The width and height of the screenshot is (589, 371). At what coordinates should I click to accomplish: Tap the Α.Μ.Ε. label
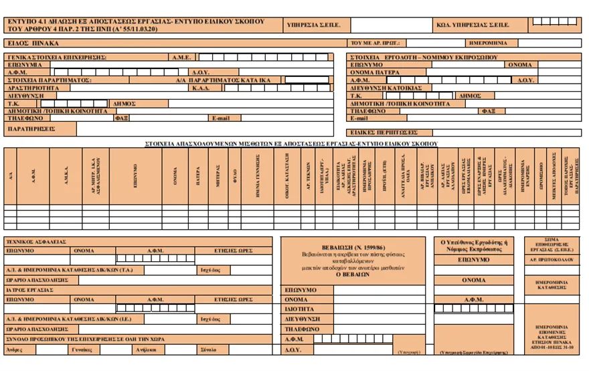click(x=181, y=58)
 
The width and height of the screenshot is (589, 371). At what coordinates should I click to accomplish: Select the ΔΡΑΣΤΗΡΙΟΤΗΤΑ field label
click(x=29, y=87)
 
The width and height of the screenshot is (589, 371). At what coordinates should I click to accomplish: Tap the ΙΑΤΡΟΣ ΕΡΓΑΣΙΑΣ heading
click(x=33, y=291)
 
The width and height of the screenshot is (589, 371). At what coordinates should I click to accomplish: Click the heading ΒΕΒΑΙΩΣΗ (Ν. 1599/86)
click(x=352, y=248)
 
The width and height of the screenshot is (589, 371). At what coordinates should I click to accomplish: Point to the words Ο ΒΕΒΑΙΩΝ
click(x=352, y=275)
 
